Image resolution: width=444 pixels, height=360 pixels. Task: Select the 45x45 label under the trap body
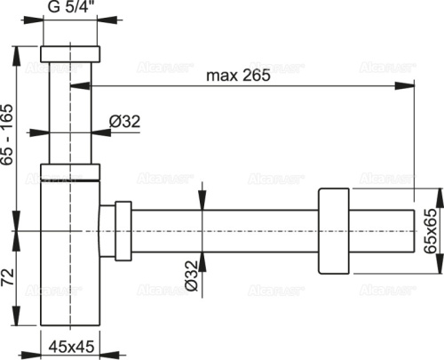70,345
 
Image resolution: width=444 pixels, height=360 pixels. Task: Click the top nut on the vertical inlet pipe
71,51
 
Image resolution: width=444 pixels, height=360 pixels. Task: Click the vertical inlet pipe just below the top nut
71,89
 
